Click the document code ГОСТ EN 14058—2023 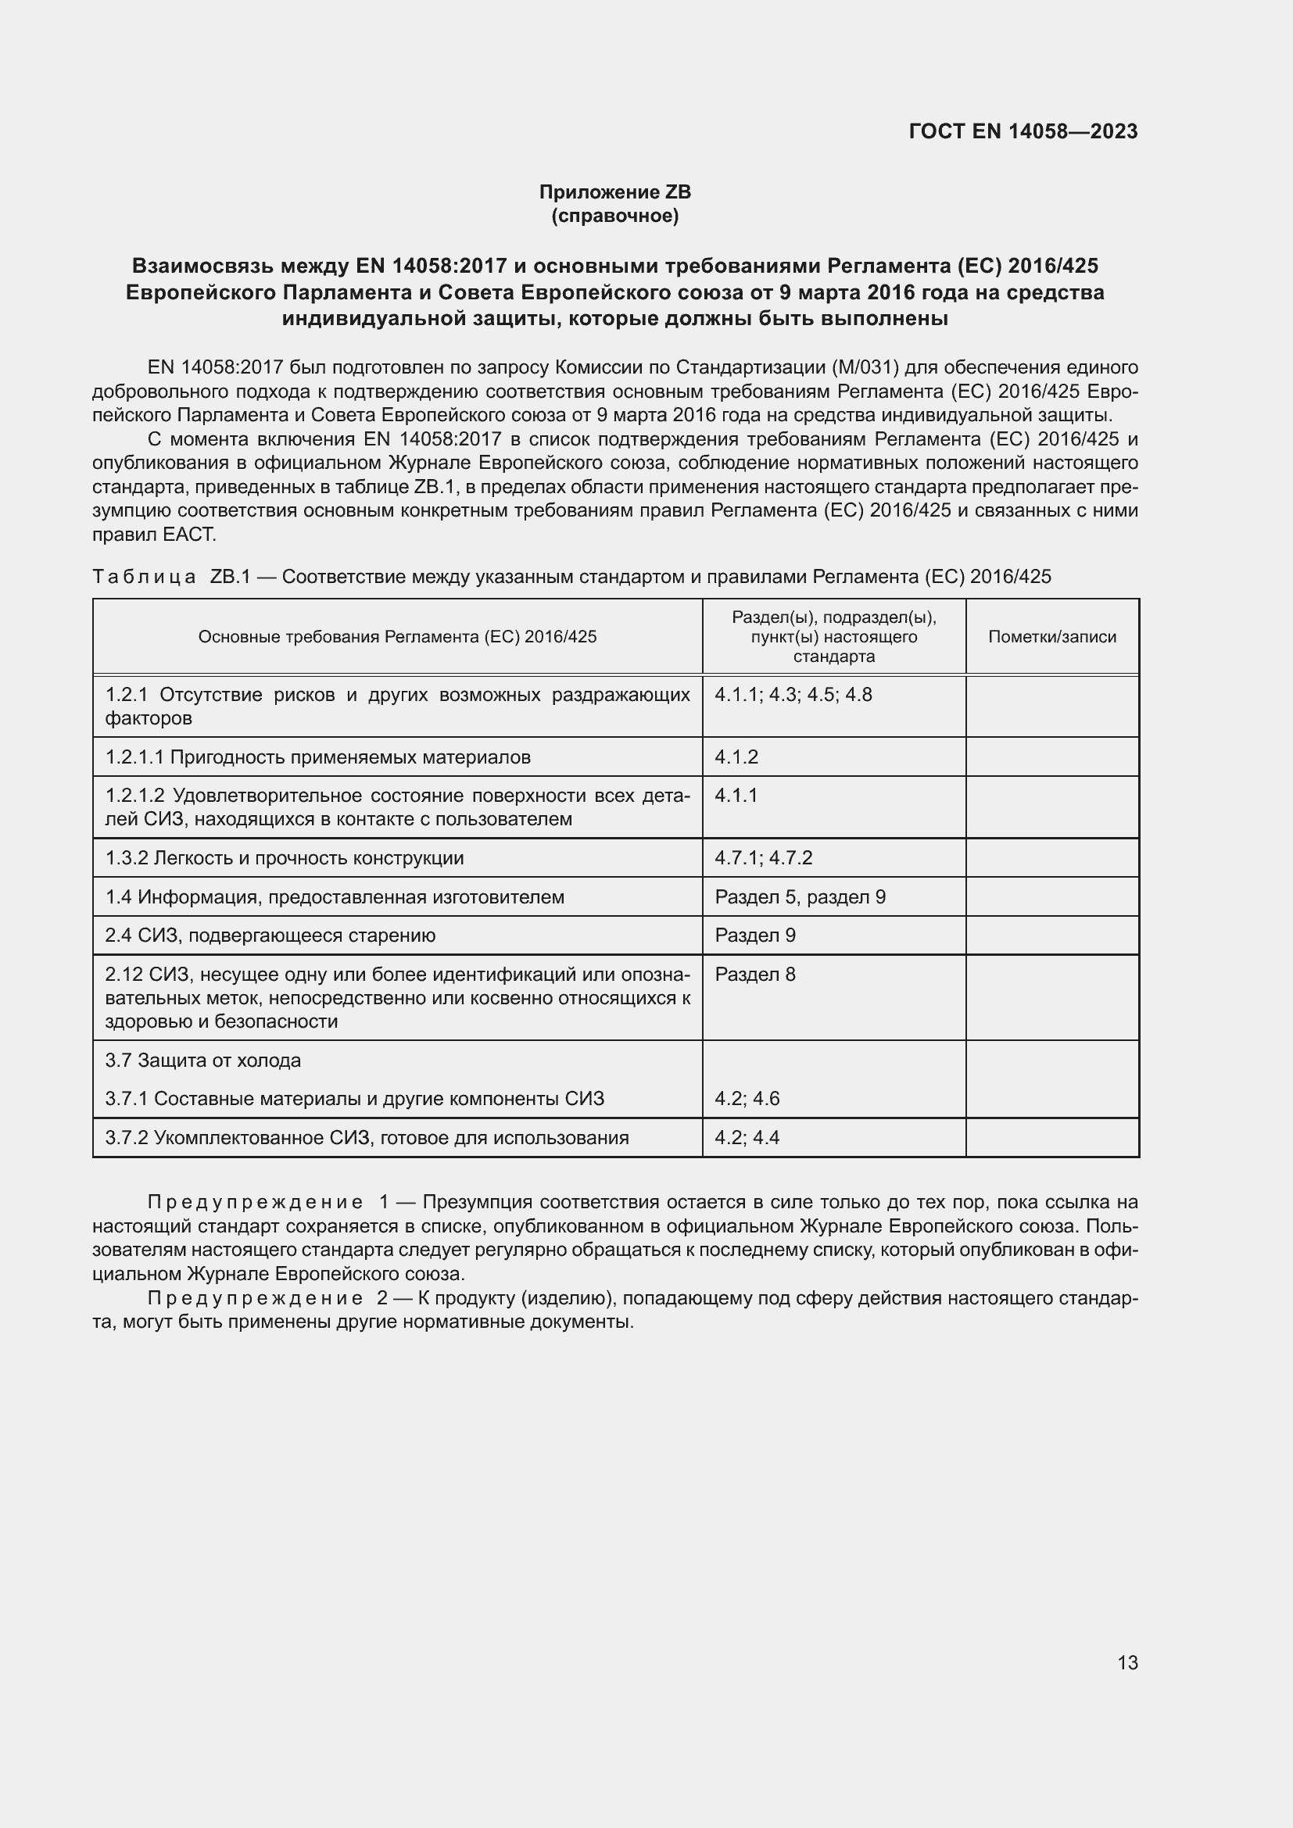coord(1023,131)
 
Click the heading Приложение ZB coord(614,192)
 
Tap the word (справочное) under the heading coord(614,216)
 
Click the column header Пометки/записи coord(1051,636)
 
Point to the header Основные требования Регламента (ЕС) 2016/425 coord(396,636)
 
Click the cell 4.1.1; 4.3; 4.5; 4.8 coord(793,694)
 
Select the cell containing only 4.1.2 coord(736,757)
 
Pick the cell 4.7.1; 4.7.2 coord(763,857)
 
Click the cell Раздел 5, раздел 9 coord(800,896)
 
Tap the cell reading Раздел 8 coord(755,974)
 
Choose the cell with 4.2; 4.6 coord(747,1098)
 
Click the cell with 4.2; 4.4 coord(747,1137)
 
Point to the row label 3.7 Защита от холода coord(203,1060)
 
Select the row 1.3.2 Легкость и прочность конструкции coord(285,857)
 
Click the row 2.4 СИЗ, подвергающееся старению coord(270,935)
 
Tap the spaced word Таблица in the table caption coord(144,577)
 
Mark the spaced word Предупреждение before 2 coord(256,1298)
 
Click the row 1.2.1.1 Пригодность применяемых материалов coord(317,757)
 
